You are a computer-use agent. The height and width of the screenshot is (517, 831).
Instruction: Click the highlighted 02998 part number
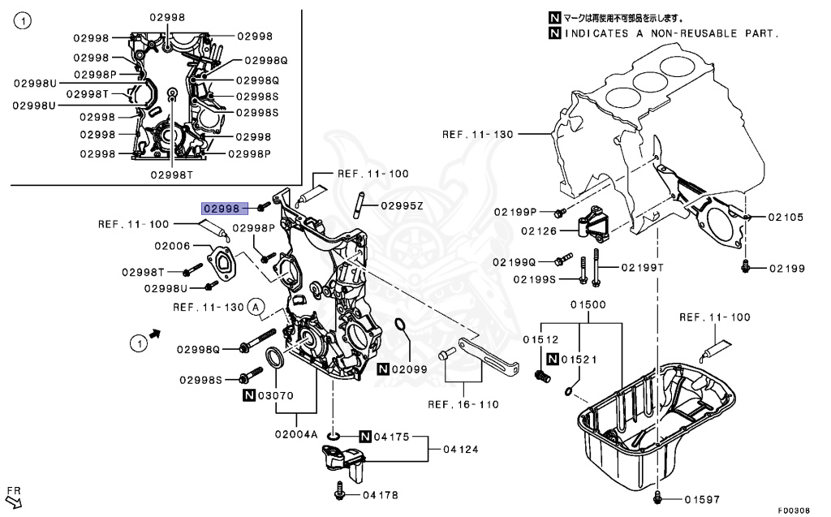222,209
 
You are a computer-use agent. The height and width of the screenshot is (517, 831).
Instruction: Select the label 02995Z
402,205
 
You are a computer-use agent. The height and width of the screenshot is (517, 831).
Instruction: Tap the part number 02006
172,246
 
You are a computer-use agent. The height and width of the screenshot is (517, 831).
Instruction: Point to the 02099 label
408,368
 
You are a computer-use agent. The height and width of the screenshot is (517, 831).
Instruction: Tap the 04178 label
381,494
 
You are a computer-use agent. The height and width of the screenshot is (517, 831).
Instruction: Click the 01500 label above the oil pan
588,304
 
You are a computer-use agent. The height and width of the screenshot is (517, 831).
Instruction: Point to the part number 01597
701,499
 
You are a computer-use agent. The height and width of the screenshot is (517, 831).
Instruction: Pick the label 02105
786,217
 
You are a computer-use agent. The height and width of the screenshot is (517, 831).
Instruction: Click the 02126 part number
537,230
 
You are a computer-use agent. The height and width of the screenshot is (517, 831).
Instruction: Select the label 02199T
643,268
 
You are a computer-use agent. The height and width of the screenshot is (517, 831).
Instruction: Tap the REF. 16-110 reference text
463,404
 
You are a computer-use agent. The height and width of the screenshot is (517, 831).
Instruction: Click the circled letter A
256,307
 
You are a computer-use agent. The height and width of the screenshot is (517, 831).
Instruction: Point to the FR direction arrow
13,499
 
